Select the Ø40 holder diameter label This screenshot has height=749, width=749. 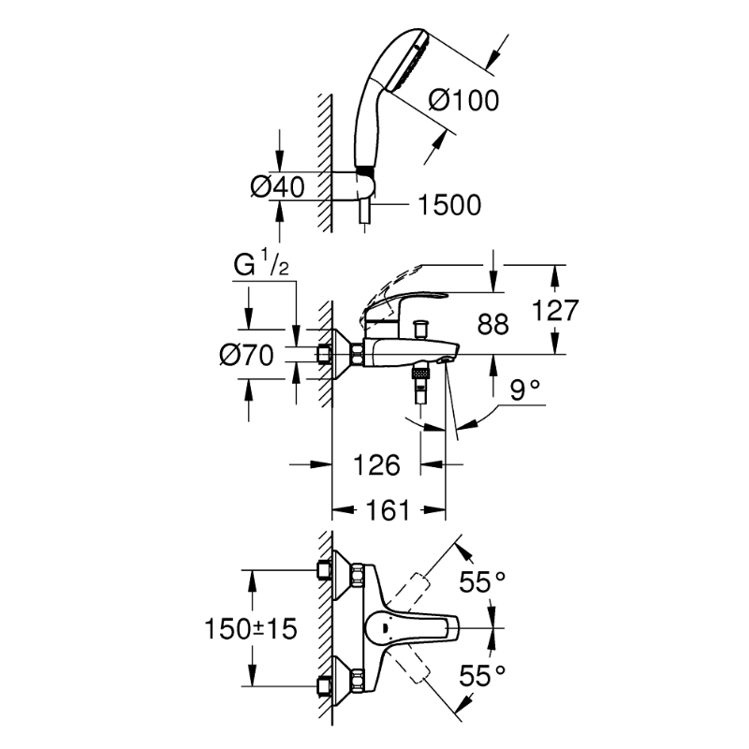(278, 186)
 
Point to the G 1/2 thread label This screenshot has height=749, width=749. (265, 267)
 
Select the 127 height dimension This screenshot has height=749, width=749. (559, 310)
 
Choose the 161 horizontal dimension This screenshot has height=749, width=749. (388, 510)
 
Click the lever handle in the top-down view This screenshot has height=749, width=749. (417, 628)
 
